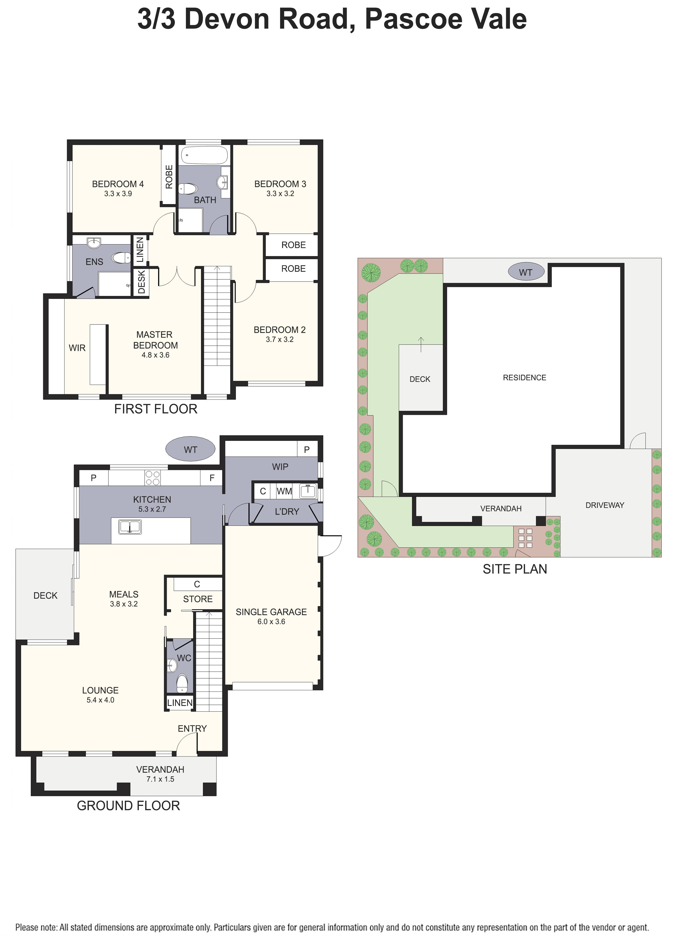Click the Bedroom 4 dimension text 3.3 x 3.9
point(118,193)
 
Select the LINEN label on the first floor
point(140,250)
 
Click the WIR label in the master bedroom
point(77,348)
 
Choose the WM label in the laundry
point(284,491)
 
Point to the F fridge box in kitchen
point(212,478)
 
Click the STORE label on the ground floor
point(198,599)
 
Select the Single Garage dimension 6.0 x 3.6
point(271,621)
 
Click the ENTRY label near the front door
point(192,728)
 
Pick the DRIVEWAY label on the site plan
point(605,505)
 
